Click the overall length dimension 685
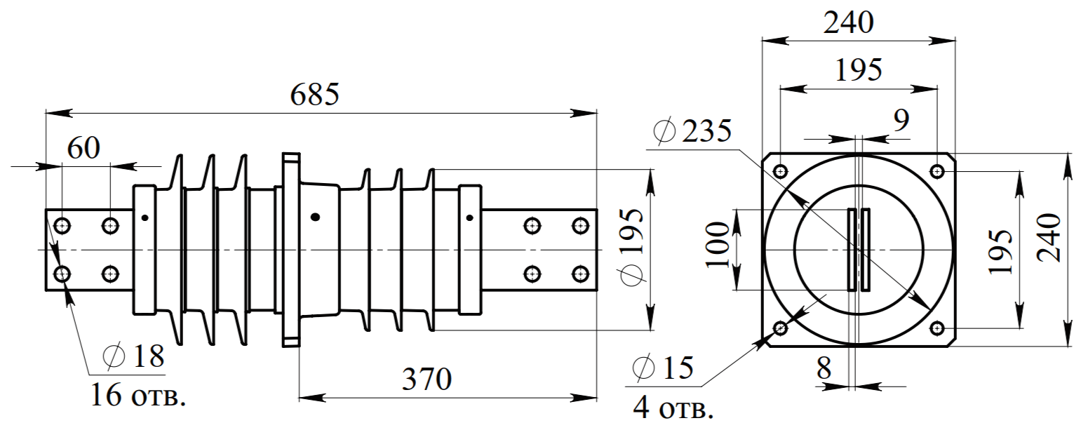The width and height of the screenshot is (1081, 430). pos(315,95)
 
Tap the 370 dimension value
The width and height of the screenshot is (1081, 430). pos(427,379)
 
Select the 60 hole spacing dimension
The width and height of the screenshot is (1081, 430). pos(83,148)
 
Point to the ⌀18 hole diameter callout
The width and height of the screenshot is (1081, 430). pos(134,356)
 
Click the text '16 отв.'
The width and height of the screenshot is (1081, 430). pos(138,395)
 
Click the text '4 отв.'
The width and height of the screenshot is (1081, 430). pos(673,408)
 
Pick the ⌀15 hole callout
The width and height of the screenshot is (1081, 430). pos(662,368)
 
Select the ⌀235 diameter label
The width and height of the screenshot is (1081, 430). pos(692,130)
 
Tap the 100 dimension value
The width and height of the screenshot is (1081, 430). pos(717,245)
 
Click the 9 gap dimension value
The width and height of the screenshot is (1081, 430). pos(901,120)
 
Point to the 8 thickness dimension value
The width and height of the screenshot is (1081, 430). pos(824,368)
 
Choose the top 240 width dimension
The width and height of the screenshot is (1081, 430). pos(848,22)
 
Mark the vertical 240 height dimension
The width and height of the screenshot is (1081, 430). pos(1049,238)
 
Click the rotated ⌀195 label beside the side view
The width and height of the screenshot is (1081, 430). pos(632,248)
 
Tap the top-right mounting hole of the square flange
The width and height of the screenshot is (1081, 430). pos(936,171)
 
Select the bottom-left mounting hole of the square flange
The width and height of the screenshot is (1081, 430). pos(780,329)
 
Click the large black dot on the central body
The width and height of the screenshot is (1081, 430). pos(315,217)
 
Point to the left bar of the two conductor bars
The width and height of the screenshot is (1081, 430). pos(852,250)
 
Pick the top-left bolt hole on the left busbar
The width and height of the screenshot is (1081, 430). pos(62,225)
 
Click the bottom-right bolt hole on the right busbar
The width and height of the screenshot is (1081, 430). pos(580,274)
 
